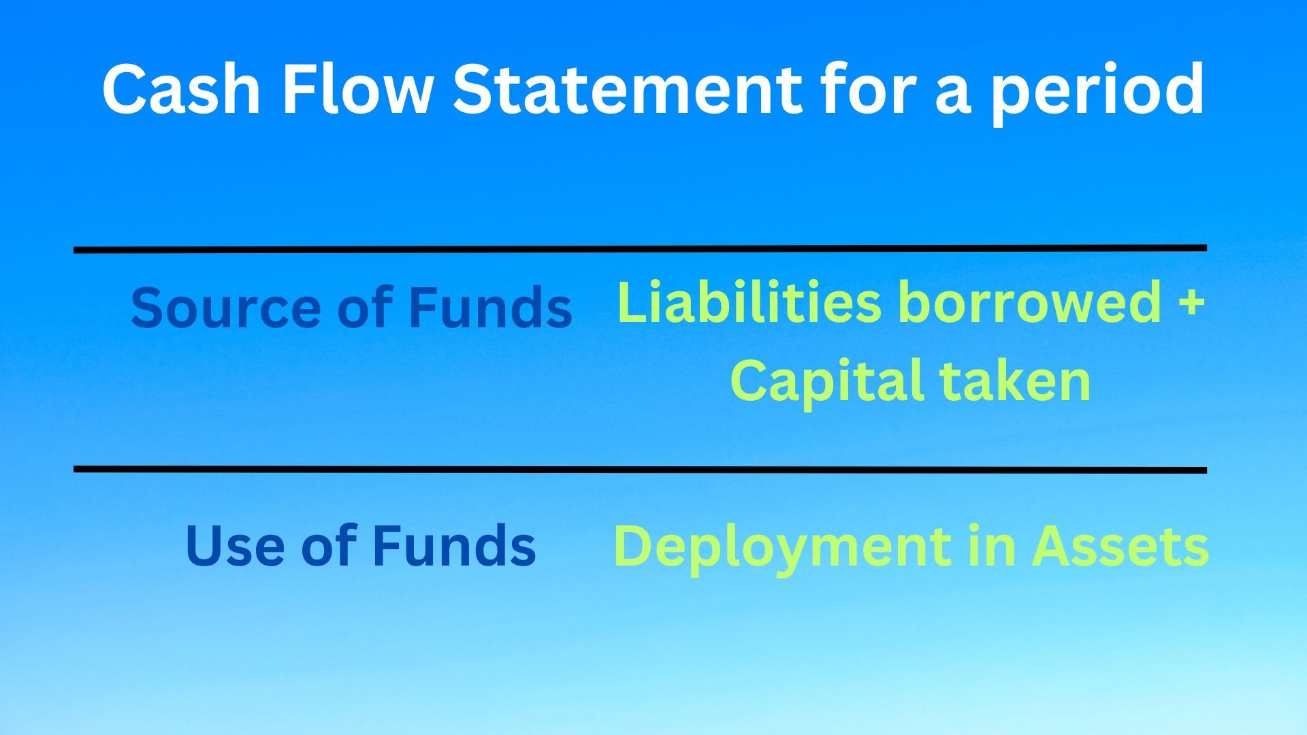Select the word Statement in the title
[x=627, y=89]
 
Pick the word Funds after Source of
[x=489, y=307]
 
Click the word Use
[x=234, y=546]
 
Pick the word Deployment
[x=782, y=548]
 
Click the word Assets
[x=1120, y=546]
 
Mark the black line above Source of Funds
[x=640, y=249]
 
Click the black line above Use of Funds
[x=640, y=470]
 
